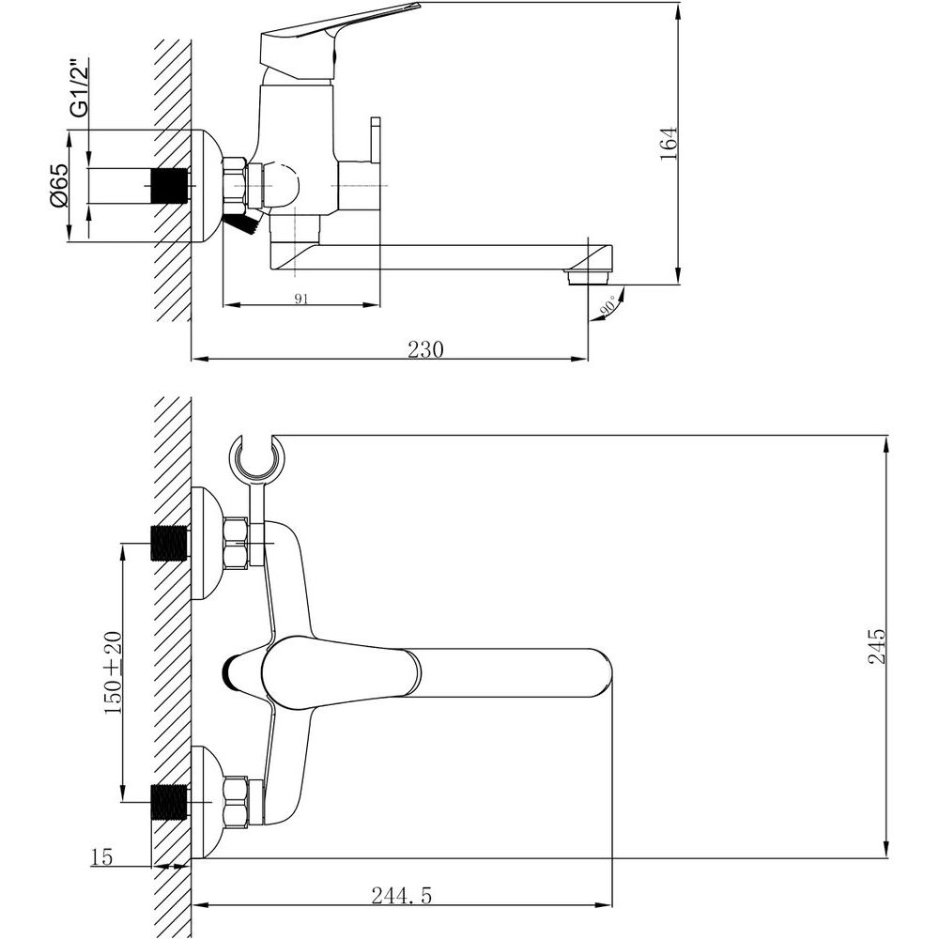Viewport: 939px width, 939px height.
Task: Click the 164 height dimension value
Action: (669, 143)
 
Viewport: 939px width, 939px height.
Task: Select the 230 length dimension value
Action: (425, 348)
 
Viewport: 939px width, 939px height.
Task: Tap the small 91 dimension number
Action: (301, 299)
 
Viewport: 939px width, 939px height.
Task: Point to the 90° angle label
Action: (609, 305)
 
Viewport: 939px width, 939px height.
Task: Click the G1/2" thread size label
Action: (80, 87)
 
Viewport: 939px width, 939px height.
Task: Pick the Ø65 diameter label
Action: (60, 186)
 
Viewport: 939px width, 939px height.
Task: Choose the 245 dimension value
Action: (876, 646)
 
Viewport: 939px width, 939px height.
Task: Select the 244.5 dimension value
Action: (401, 895)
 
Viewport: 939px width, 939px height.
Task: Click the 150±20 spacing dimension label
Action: (113, 672)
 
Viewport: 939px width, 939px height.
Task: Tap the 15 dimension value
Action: (101, 857)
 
